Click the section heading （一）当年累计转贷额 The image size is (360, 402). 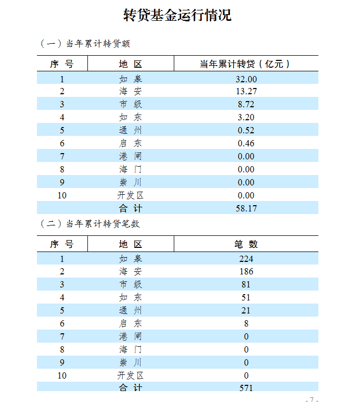(84, 44)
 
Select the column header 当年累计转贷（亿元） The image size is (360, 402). (246, 64)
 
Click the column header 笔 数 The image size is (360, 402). (246, 244)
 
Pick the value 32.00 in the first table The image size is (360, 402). (246, 79)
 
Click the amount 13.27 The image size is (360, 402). (246, 92)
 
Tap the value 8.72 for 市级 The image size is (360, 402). (246, 105)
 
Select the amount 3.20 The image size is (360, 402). (246, 118)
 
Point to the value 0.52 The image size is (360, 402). (246, 130)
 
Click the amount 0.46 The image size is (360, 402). (246, 143)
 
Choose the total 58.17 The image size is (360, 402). (246, 208)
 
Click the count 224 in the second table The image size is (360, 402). (246, 259)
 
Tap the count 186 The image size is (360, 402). (246, 271)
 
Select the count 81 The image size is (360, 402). (246, 284)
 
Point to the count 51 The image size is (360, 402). (246, 297)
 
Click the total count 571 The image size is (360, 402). (246, 388)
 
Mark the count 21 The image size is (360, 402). (246, 310)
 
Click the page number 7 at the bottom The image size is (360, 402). (312, 399)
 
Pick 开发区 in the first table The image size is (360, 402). (130, 195)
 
